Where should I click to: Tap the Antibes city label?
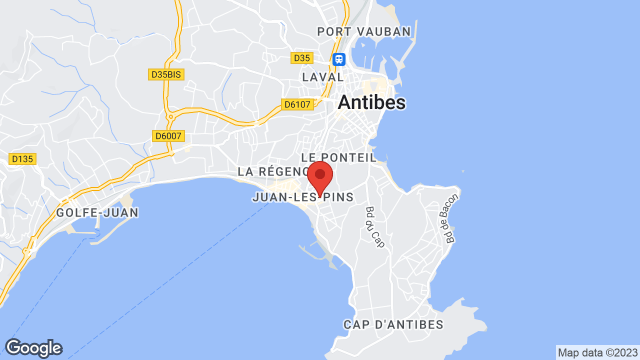click(371, 102)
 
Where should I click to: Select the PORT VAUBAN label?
click(364, 32)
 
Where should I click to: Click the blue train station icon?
click(339, 59)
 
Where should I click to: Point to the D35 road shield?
click(302, 58)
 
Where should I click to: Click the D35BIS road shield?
click(167, 74)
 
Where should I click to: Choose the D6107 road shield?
click(297, 104)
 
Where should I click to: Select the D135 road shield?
click(22, 159)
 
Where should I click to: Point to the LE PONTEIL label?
click(338, 157)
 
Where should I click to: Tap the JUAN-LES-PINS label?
click(303, 197)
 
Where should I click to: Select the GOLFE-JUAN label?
click(97, 213)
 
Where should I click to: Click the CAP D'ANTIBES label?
click(393, 324)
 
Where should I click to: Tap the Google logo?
click(33, 348)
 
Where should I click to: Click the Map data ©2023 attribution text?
click(597, 352)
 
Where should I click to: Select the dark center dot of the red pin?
click(320, 174)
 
